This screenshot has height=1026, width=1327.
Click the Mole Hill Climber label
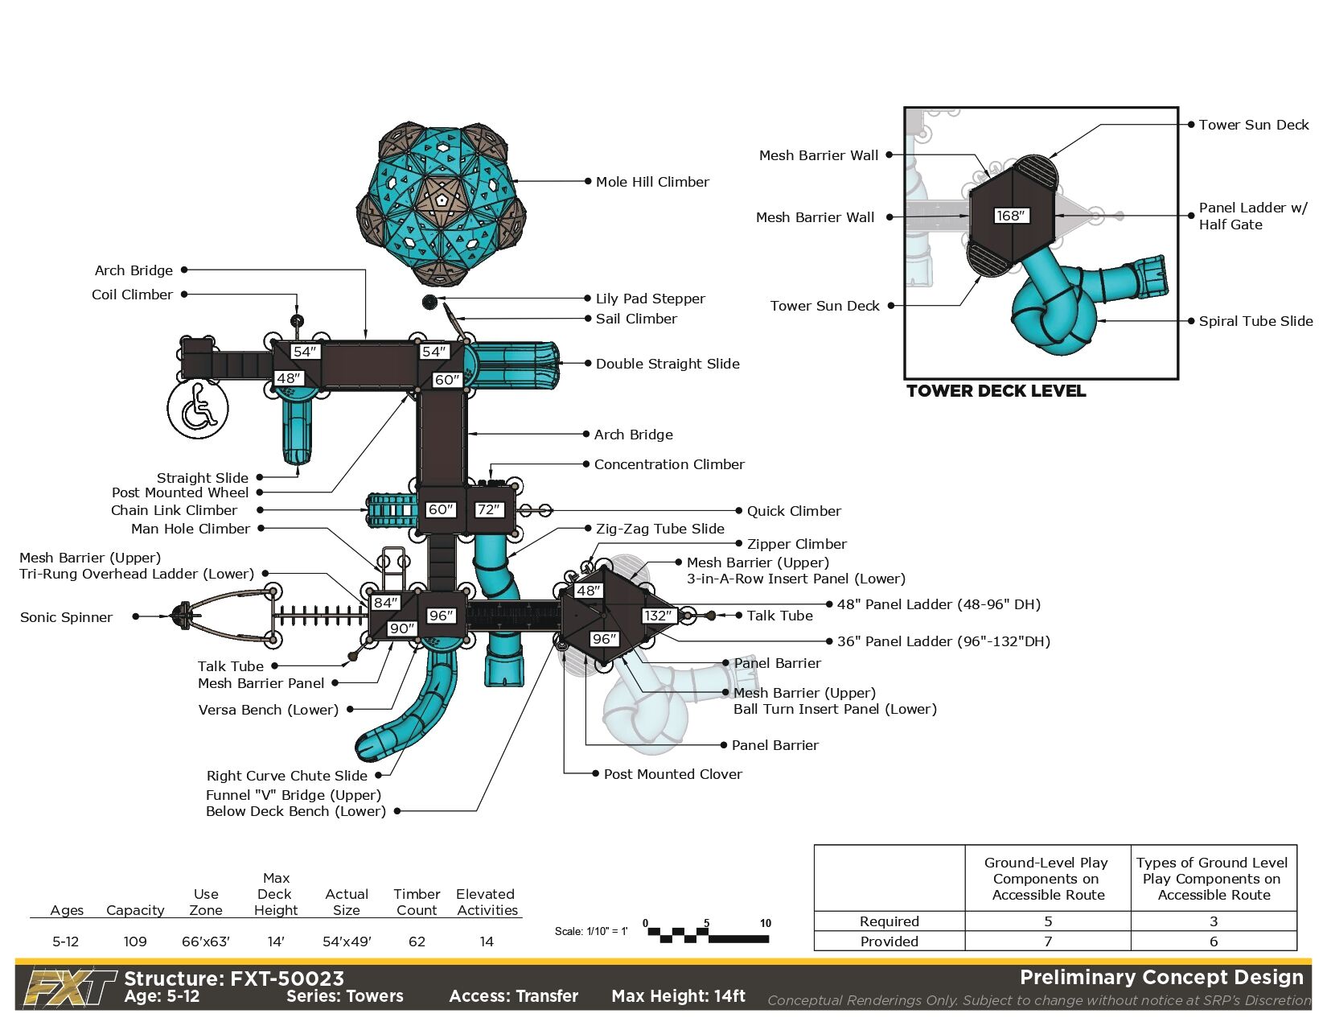point(652,182)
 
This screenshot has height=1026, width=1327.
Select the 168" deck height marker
point(1011,216)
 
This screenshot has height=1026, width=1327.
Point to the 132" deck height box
point(657,616)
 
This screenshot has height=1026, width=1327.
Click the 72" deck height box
point(489,509)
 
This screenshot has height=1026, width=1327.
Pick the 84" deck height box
point(385,602)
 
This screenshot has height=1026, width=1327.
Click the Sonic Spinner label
point(66,617)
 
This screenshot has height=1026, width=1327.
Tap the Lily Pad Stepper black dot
point(429,303)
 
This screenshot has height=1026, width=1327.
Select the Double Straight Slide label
point(667,364)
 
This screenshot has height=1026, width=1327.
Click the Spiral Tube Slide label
point(1255,321)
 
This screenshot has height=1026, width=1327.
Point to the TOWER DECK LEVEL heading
point(996,391)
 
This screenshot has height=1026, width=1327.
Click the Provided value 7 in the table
point(1048,942)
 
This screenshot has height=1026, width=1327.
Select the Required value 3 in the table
point(1213,921)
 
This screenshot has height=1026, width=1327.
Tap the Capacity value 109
point(135,942)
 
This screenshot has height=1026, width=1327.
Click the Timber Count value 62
point(417,942)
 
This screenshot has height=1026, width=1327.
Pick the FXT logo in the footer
point(68,987)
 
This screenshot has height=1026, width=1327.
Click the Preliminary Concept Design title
point(1161,978)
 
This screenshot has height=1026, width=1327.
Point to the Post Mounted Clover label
point(672,774)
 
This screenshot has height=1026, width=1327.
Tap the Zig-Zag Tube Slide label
point(659,529)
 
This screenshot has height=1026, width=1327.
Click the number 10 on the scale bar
point(766,923)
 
